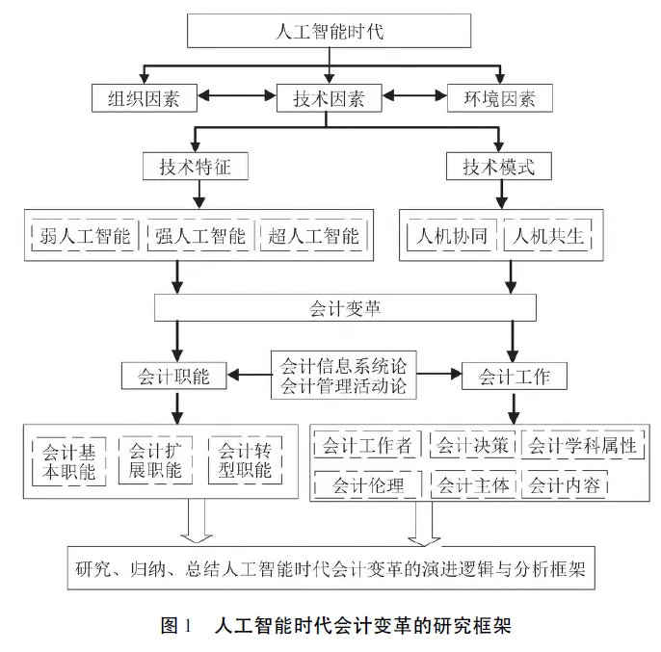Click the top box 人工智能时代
tap(329, 31)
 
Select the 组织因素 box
tap(145, 96)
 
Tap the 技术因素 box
tap(329, 96)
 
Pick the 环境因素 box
tap(500, 96)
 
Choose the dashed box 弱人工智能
tap(86, 236)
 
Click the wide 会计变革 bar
tap(330, 307)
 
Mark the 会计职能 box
tap(173, 376)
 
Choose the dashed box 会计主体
tap(473, 484)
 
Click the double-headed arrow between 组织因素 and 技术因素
tap(237, 96)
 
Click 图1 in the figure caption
tap(177, 625)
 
